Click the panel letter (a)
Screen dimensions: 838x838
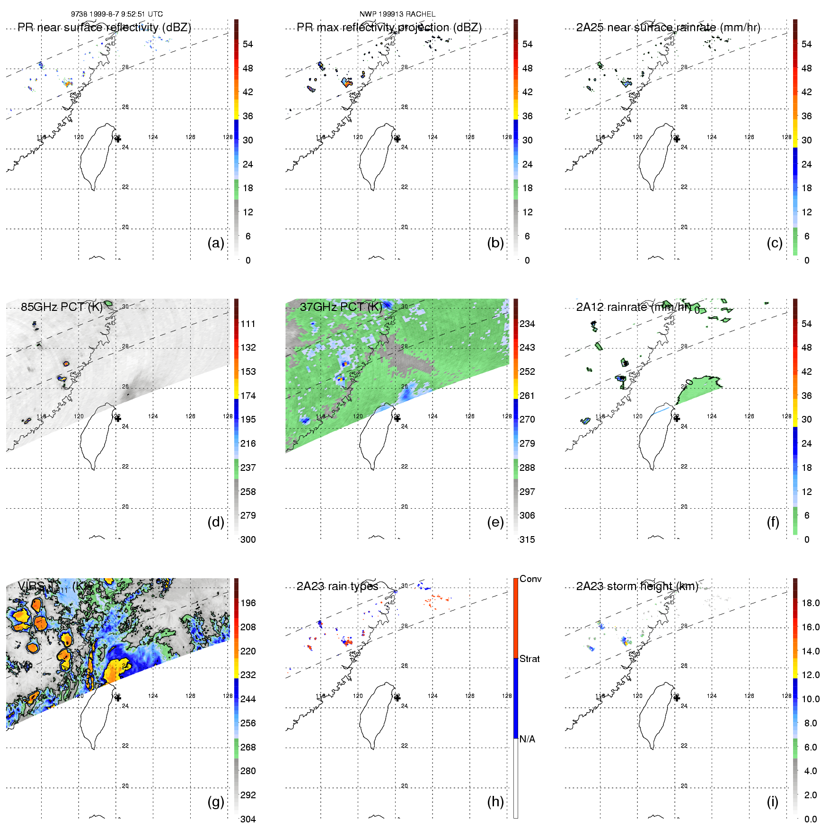pos(215,243)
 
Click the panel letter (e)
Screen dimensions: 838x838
pos(495,522)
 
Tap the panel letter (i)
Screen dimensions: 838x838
pos(772,802)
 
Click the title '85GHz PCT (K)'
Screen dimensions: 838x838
pos(62,307)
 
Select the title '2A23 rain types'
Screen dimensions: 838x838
pos(337,586)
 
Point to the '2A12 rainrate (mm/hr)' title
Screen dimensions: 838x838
pos(634,307)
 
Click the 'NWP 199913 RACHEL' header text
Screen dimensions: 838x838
pos(397,14)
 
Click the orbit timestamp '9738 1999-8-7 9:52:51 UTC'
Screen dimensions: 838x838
pos(117,14)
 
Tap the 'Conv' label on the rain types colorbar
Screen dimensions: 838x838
pos(530,579)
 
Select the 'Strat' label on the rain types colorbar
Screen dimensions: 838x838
pos(529,659)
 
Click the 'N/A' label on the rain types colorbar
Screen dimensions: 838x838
pos(527,739)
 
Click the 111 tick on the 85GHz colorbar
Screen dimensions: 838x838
pos(248,324)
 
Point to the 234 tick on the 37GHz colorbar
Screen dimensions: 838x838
pos(527,324)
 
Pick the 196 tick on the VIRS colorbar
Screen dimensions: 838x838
pos(248,603)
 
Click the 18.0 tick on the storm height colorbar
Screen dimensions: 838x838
pos(811,603)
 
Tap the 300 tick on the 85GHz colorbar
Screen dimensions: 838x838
pos(248,539)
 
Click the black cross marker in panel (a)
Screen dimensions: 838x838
pos(118,139)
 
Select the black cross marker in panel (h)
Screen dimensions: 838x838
pos(397,698)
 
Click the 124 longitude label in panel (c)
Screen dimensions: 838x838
pos(712,137)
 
